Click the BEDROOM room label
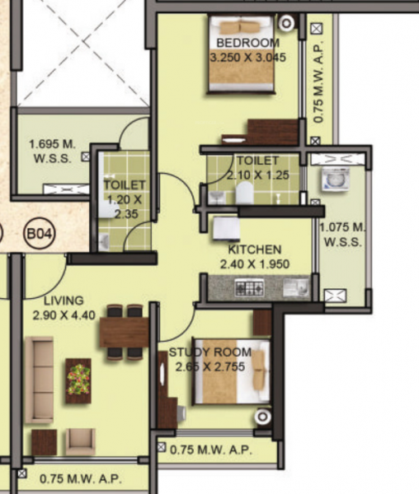pos(247,43)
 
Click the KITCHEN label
pos(255,249)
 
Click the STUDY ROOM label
pos(210,353)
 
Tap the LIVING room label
pos(64,301)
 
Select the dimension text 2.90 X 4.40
pos(64,315)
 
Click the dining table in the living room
pos(124,332)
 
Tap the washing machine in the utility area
pos(337,180)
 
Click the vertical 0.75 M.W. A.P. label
pos(320,82)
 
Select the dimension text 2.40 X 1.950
pos(255,264)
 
